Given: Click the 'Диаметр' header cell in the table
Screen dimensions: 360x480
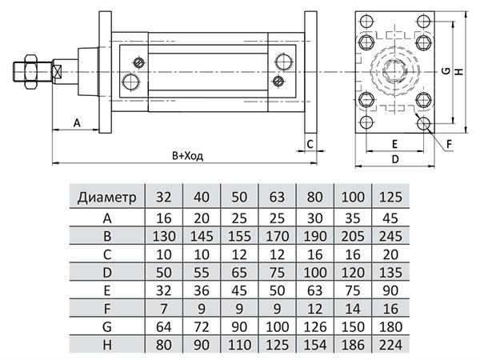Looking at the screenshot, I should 107,196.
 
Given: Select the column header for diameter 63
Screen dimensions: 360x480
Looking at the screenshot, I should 276,196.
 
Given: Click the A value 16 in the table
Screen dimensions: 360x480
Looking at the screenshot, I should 163,217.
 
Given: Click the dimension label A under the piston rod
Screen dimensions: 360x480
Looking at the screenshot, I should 77,122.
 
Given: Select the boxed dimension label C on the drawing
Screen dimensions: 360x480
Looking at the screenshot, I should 310,144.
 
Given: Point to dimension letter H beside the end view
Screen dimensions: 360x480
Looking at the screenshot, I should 459,72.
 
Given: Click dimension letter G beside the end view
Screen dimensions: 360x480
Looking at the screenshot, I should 445,72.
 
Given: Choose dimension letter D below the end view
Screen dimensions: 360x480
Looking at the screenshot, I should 395,158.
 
